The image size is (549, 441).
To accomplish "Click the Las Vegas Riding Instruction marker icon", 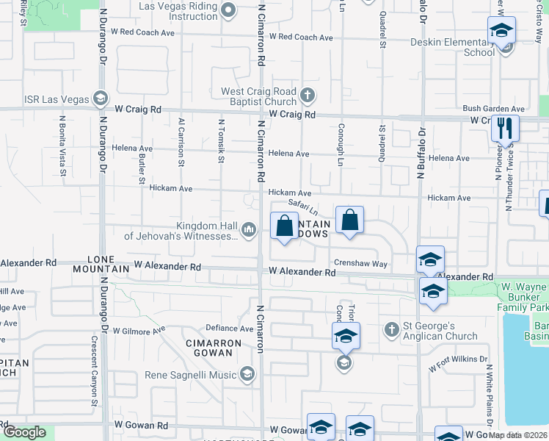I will click(228, 10).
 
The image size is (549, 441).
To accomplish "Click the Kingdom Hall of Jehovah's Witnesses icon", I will click(249, 231).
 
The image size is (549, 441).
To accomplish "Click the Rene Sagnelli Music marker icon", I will click(247, 375).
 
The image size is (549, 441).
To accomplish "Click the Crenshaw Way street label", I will click(360, 262).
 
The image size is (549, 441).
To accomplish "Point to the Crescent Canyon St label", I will click(95, 371).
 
